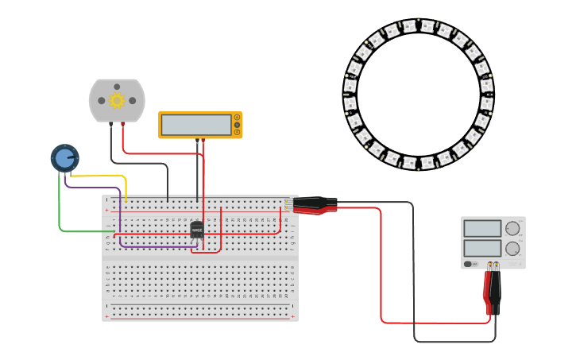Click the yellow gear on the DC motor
pos(117,100)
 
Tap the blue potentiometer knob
pos(64,158)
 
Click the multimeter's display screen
pos(195,125)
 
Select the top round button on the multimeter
pos(237,118)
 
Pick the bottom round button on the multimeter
pos(237,132)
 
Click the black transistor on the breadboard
pos(197,229)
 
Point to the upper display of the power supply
pos(482,229)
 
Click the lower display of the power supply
pos(482,248)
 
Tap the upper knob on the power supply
pos(512,229)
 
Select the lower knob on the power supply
pos(512,248)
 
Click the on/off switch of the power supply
pos(468,264)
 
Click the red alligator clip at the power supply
pos(488,290)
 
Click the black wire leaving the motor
pos(139,164)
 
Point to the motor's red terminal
pos(122,126)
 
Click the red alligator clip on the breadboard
pos(316,210)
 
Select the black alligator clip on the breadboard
pos(315,202)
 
